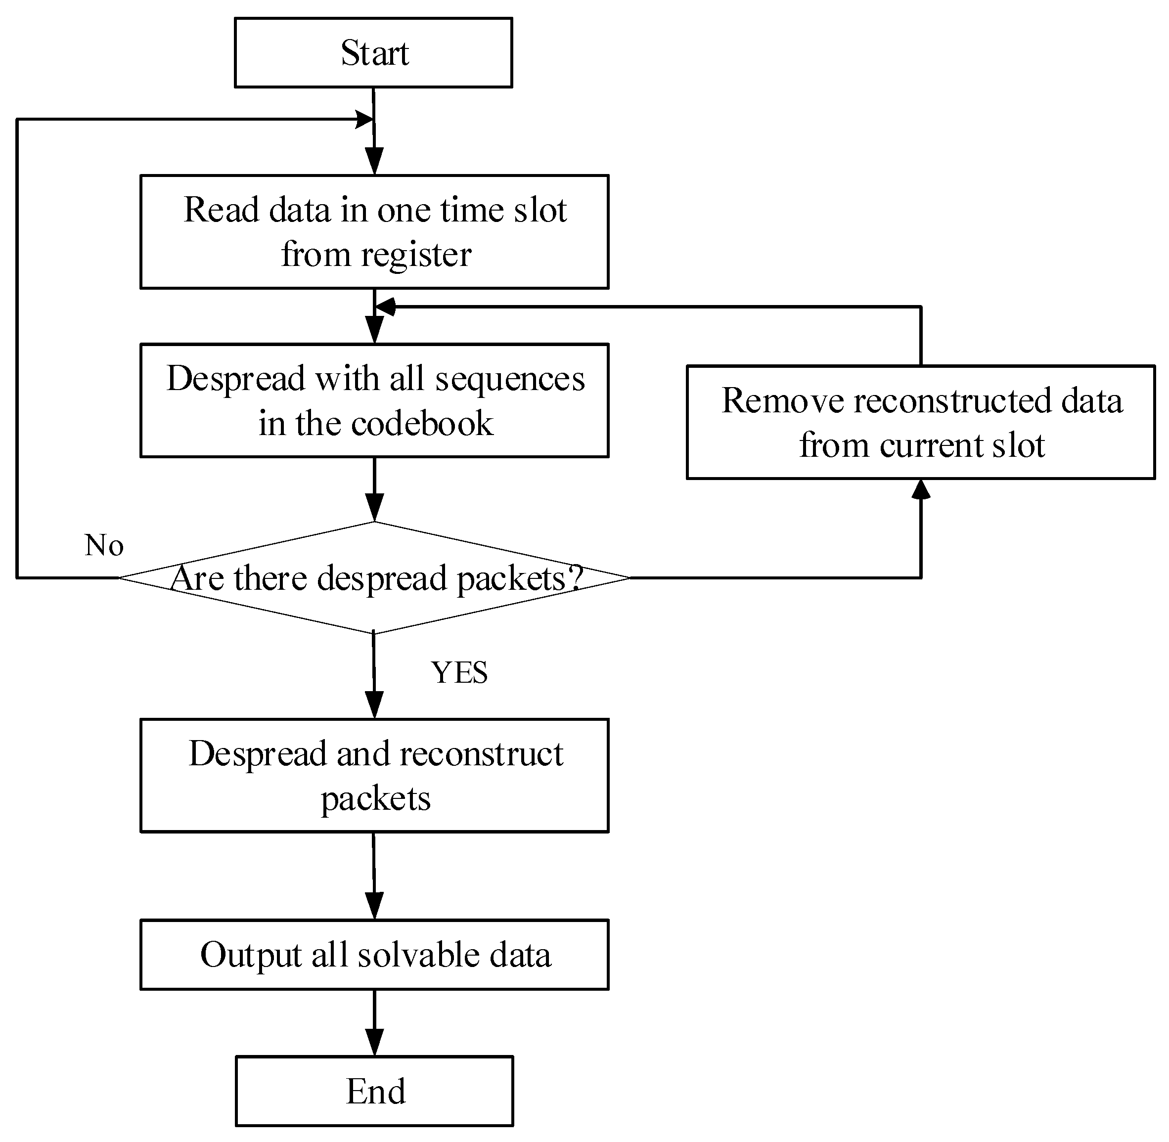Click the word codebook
[422, 424]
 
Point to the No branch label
[104, 545]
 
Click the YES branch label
[459, 672]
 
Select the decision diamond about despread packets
[374, 577]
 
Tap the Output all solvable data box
[374, 954]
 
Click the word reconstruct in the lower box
[481, 753]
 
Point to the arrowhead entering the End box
[374, 1043]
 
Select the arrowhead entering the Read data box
[374, 163]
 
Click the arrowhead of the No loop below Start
[363, 119]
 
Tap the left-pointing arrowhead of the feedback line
[385, 307]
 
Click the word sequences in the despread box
[509, 379]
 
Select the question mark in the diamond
[575, 577]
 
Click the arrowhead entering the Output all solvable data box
[374, 906]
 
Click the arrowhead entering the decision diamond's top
[374, 509]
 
